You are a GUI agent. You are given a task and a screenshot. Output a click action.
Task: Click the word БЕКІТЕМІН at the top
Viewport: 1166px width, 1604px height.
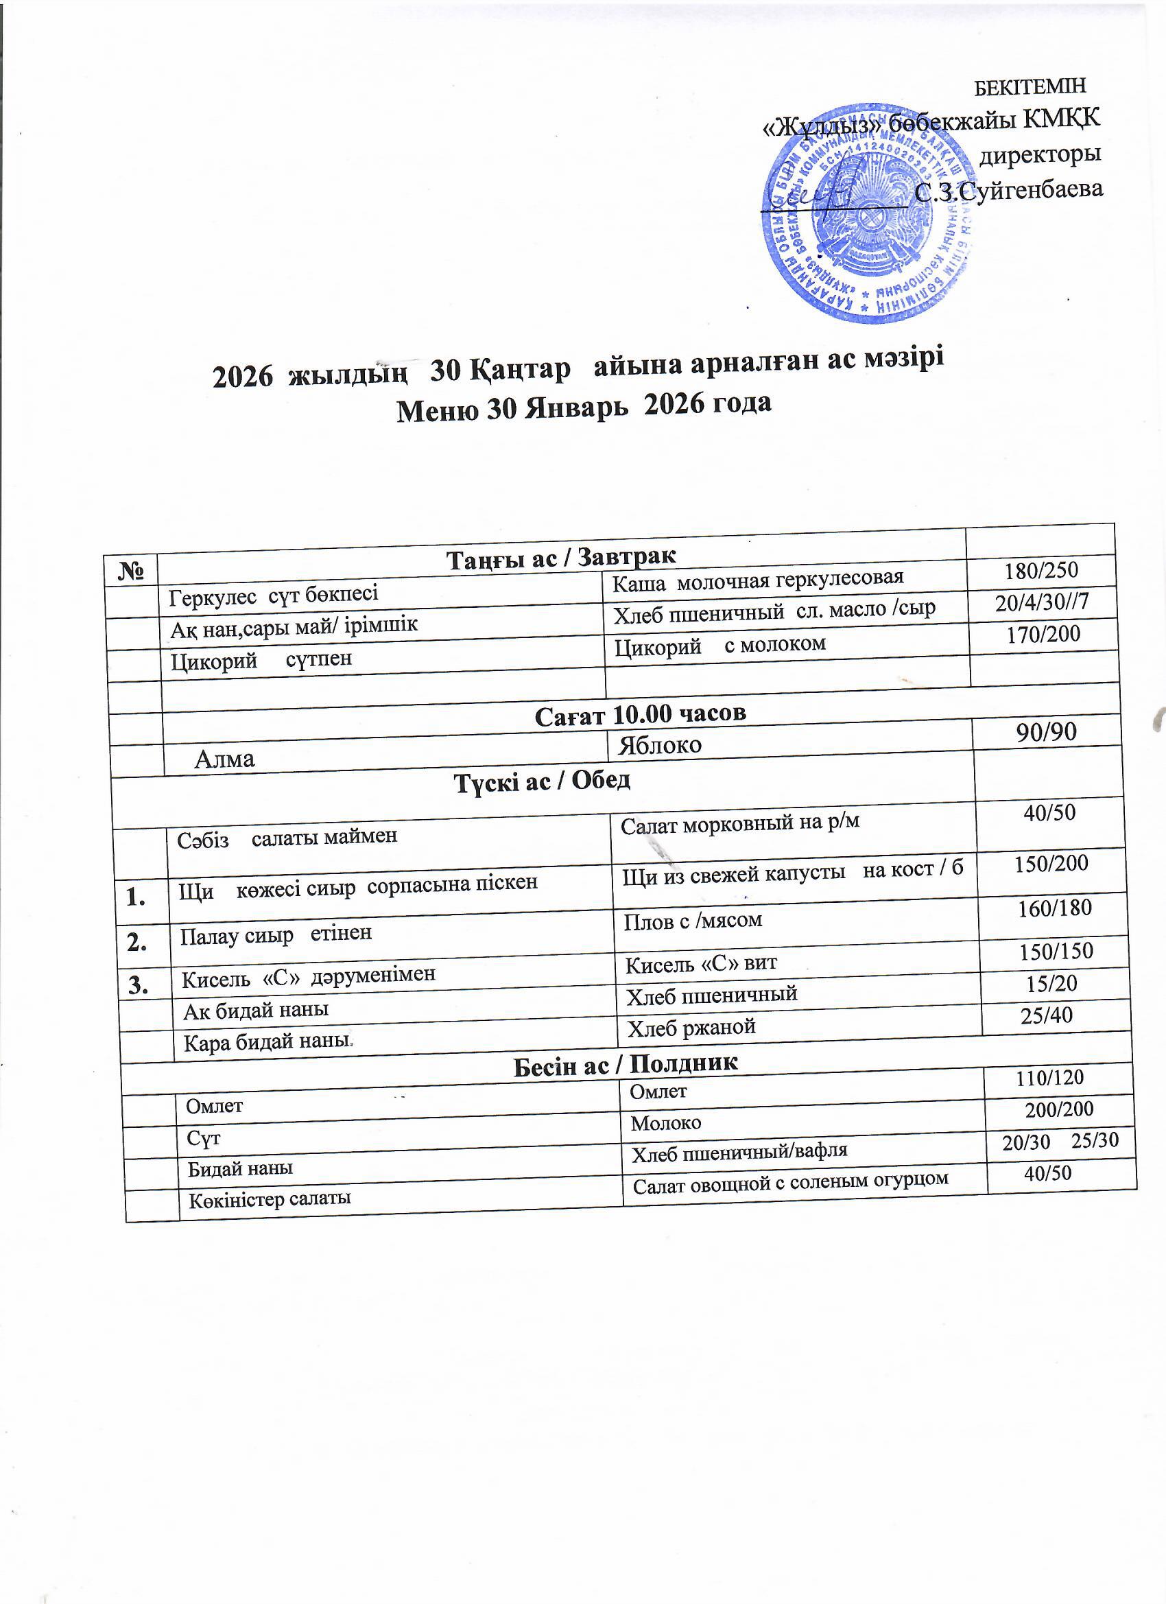point(1030,87)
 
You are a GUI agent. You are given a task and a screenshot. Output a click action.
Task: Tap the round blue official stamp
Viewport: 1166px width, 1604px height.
point(868,212)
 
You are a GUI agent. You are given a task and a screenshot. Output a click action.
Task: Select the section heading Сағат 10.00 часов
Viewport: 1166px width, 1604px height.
point(640,714)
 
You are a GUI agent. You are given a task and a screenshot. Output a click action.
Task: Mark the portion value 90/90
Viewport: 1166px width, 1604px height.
point(1046,732)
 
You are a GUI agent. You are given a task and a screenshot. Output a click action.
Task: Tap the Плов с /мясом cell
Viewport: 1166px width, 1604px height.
point(692,920)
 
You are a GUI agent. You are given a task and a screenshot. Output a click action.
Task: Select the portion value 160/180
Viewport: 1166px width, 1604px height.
point(1054,908)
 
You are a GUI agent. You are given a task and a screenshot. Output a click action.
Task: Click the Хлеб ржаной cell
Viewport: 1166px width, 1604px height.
point(691,1027)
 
